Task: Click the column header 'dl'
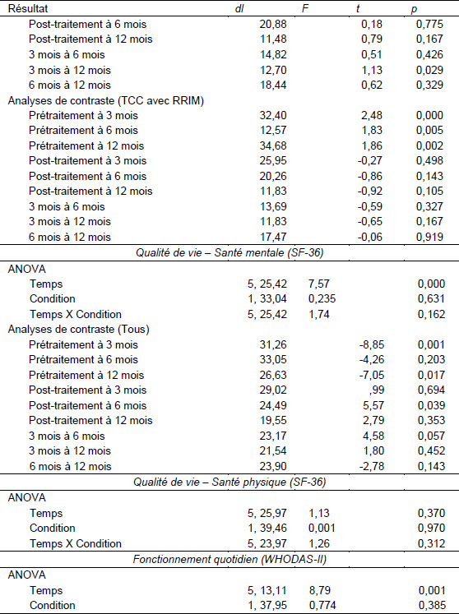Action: (239, 8)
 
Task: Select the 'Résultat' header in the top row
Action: (28, 8)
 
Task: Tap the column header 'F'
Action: (305, 8)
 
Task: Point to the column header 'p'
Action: (414, 9)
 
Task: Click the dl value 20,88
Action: (273, 24)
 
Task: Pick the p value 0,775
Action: (429, 24)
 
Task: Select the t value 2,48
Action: (371, 116)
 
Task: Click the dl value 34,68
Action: (273, 145)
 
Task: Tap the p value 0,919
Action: (429, 237)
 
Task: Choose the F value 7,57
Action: (318, 284)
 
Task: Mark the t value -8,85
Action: (372, 344)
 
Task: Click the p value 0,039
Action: (431, 405)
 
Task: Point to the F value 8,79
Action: (319, 590)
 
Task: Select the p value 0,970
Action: (431, 528)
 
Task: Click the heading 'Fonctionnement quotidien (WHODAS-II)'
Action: (229, 559)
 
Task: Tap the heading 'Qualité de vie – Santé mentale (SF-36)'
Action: (229, 252)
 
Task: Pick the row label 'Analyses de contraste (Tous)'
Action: (78, 329)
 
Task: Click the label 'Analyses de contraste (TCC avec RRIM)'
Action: (106, 100)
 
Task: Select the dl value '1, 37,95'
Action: (267, 606)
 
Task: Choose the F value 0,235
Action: (322, 298)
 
